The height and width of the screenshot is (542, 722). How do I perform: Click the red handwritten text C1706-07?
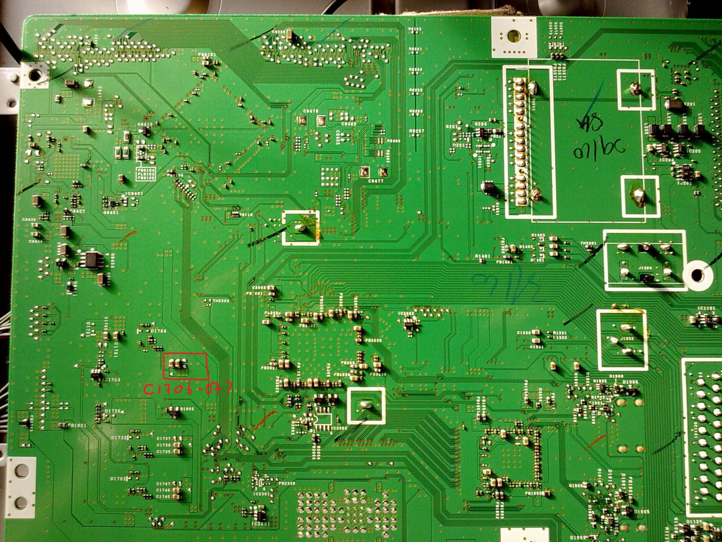pyautogui.click(x=187, y=389)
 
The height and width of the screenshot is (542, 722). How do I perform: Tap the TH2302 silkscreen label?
pyautogui.click(x=221, y=301)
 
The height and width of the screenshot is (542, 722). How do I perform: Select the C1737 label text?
pyautogui.click(x=164, y=439)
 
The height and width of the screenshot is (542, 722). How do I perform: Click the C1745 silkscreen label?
pyautogui.click(x=164, y=496)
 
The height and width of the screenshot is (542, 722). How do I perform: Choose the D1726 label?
pyautogui.click(x=113, y=411)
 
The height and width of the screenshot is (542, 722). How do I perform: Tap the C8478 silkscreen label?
pyautogui.click(x=310, y=111)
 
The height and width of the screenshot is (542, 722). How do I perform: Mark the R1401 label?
pyautogui.click(x=482, y=256)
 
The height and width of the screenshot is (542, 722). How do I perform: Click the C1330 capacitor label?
pyautogui.click(x=524, y=332)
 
